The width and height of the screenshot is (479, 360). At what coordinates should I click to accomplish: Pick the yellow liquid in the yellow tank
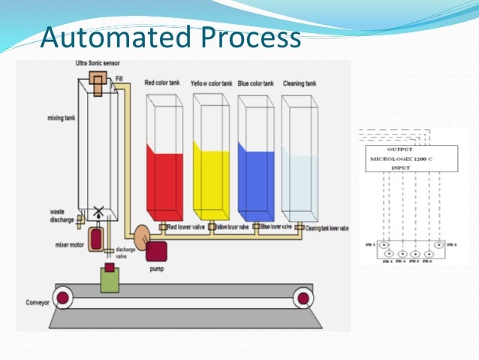pos(211,181)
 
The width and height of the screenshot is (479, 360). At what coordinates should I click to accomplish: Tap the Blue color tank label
pos(255,83)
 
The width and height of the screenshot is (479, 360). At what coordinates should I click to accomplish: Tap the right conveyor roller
pos(303,298)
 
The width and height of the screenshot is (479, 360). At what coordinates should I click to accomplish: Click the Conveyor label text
pos(32,304)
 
